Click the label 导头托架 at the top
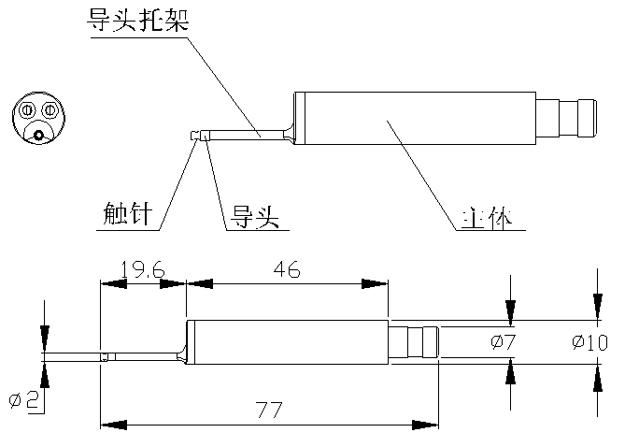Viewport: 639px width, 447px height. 137,20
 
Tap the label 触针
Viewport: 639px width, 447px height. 127,213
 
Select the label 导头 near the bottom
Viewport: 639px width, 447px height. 255,216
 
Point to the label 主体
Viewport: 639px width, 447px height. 487,218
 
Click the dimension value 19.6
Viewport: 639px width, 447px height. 143,269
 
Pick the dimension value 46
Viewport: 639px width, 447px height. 287,269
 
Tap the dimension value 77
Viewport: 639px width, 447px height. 269,410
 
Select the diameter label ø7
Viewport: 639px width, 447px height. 504,341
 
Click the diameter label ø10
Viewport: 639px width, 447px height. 589,342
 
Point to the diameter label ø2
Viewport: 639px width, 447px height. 24,400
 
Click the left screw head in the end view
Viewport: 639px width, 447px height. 27,110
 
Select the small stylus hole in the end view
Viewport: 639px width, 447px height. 38,135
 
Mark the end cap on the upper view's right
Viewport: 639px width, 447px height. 588,118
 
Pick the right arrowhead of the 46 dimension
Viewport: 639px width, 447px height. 375,283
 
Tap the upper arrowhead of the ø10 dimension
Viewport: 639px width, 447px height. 598,307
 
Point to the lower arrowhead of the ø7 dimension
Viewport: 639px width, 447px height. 510,371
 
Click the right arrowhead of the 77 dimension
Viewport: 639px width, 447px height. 425,425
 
